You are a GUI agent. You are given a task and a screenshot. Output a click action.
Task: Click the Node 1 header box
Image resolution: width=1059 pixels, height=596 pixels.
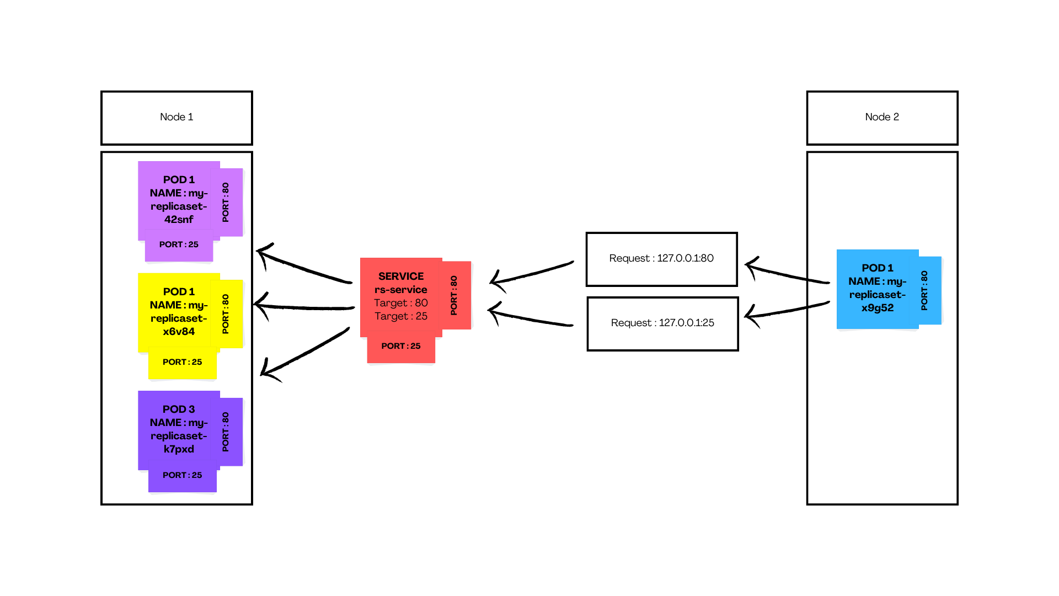click(x=176, y=118)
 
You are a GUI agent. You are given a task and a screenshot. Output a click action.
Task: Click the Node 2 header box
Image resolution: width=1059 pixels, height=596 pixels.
click(x=881, y=118)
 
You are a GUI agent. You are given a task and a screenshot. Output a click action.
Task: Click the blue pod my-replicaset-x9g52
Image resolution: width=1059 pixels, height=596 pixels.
click(x=877, y=288)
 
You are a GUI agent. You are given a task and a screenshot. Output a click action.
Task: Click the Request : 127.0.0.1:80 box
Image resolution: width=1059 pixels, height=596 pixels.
click(x=661, y=259)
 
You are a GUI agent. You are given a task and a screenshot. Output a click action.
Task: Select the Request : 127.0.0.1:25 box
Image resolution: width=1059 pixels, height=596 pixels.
click(x=662, y=323)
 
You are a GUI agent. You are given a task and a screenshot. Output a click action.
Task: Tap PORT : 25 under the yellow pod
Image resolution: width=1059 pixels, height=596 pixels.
click(x=182, y=363)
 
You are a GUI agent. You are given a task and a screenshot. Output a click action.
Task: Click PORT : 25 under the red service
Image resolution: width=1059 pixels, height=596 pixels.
click(x=401, y=347)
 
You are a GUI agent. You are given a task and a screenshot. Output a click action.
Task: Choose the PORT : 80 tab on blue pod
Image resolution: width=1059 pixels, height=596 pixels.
click(x=925, y=290)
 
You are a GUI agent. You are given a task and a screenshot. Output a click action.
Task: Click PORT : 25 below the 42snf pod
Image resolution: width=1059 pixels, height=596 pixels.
click(x=179, y=245)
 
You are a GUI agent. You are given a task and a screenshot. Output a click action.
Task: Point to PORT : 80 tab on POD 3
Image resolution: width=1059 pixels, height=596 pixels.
click(x=226, y=432)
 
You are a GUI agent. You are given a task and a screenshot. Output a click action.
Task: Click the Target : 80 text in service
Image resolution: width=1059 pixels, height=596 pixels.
click(x=401, y=303)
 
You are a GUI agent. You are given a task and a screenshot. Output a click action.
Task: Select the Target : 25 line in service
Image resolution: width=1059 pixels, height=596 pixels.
click(x=401, y=316)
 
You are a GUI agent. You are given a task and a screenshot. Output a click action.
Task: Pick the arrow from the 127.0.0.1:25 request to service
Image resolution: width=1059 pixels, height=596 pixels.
click(x=529, y=318)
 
